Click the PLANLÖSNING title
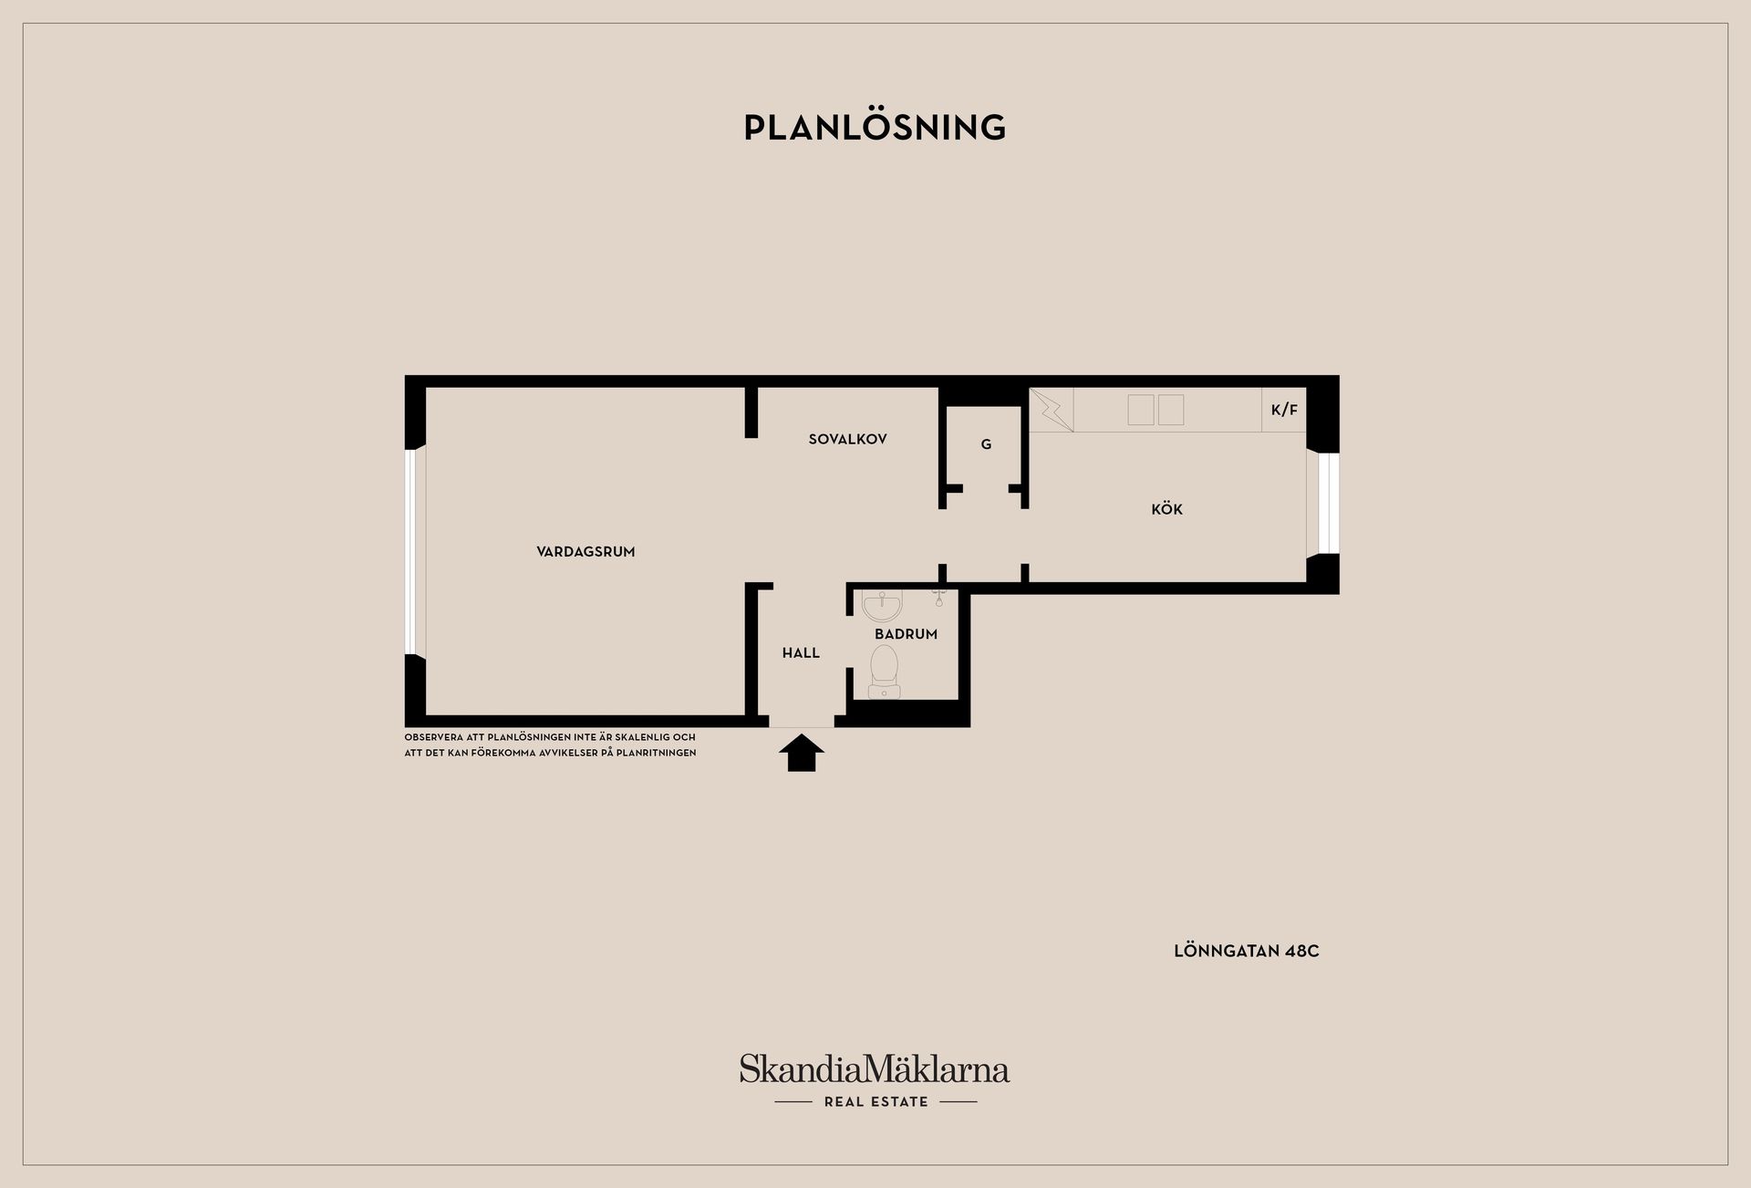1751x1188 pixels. tap(875, 127)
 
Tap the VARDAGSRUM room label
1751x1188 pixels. tap(585, 551)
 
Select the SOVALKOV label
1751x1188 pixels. tap(847, 439)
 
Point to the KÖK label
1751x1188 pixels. tap(1166, 508)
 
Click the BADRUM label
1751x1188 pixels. tap(906, 634)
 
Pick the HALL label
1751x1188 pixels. tap(801, 652)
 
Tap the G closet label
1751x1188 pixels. tap(986, 444)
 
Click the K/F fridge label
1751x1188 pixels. tap(1284, 410)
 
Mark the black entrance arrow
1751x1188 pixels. tap(802, 753)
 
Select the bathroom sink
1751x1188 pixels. tap(882, 606)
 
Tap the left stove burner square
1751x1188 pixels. tap(1141, 410)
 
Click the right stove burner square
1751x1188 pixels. tap(1171, 410)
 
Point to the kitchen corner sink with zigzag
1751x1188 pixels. tap(1052, 410)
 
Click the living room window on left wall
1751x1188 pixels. tap(411, 551)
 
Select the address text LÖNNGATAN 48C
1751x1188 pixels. tap(1247, 951)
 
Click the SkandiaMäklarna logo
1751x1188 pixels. tap(875, 1069)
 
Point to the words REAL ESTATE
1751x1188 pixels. tap(875, 1102)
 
